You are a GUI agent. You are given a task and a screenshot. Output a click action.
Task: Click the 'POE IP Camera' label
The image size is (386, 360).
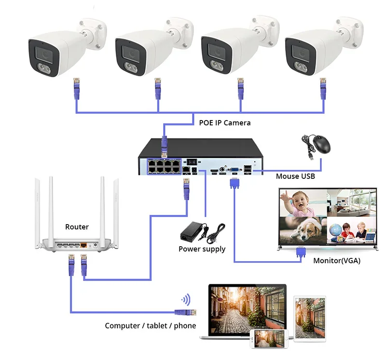tap(224, 123)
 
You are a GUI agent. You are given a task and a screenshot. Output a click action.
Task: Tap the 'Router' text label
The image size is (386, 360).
tap(77, 227)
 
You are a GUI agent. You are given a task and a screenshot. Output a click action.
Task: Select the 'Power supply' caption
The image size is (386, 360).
tap(202, 249)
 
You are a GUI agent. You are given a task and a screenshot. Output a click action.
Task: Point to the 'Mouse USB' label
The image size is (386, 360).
tap(295, 176)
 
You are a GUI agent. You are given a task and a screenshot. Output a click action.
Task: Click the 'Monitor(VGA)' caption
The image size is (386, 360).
tap(336, 261)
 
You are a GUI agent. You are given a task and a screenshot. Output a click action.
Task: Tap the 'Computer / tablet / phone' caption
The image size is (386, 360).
tap(151, 326)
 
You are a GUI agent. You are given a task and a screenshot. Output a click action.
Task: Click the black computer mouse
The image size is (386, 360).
tap(322, 145)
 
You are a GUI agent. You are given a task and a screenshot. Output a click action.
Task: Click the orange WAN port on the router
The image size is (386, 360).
tap(83, 245)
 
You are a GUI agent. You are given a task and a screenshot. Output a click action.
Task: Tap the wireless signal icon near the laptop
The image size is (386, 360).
tap(186, 300)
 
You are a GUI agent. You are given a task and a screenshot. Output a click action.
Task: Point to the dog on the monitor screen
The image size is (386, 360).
tap(306, 229)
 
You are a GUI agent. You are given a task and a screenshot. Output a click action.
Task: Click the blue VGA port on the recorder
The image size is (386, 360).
tap(234, 170)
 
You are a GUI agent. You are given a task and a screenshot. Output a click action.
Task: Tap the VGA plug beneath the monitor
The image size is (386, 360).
tap(301, 253)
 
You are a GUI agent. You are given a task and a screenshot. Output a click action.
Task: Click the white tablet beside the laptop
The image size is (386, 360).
tap(310, 319)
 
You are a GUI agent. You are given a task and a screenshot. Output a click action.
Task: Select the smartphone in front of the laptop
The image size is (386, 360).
tap(269, 339)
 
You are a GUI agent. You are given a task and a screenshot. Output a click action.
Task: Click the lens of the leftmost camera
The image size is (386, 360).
tap(44, 53)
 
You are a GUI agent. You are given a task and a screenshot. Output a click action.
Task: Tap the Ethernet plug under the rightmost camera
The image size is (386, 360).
tap(323, 88)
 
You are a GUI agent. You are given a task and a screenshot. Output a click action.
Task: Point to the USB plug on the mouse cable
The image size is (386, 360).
tap(311, 157)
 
